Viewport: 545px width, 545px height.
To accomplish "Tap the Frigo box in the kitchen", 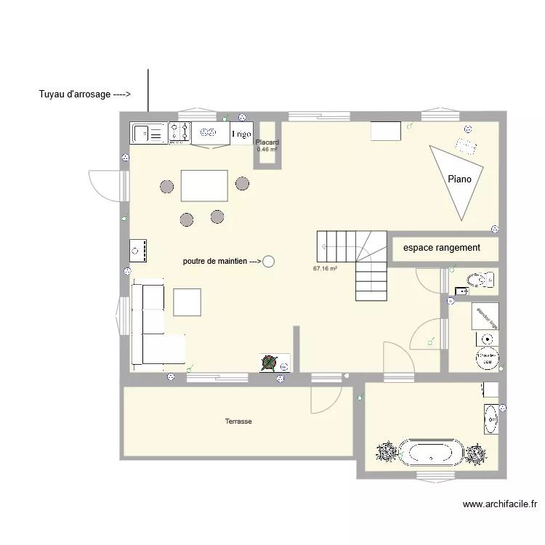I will (241, 134).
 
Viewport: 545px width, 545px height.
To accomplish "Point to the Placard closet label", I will (267, 142).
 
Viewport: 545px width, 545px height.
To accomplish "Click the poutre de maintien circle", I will (269, 261).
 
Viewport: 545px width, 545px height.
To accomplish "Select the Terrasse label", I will (238, 421).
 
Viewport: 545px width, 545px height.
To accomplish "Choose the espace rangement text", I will (441, 248).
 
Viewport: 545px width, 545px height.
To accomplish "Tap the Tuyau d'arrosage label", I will (84, 94).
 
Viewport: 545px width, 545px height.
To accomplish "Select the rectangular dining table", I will (204, 185).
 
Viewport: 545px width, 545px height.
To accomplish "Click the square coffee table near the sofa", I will (187, 302).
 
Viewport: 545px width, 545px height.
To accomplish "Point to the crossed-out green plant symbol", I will (270, 362).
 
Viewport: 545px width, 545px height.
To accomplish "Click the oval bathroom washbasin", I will (491, 419).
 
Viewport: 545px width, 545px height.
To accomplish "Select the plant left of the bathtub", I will (385, 453).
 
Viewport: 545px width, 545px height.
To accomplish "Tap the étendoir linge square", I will (485, 315).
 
